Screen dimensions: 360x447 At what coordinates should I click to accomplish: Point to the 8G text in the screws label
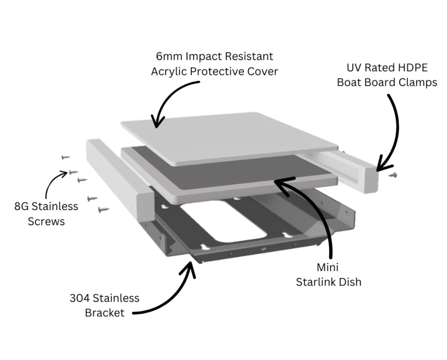pos(21,206)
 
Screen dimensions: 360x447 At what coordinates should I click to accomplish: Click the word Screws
pos(46,221)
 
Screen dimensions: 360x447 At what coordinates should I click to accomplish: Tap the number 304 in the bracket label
pos(79,298)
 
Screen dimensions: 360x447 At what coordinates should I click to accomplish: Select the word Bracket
pos(105,313)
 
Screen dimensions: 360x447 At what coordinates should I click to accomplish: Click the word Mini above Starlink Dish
pos(327,267)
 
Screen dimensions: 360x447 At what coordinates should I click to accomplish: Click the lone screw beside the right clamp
pos(393,175)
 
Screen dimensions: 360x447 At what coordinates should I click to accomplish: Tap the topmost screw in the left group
pos(65,157)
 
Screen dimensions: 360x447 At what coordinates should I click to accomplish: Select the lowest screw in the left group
pos(103,210)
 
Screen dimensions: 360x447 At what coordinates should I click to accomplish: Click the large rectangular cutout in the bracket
pos(224,221)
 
